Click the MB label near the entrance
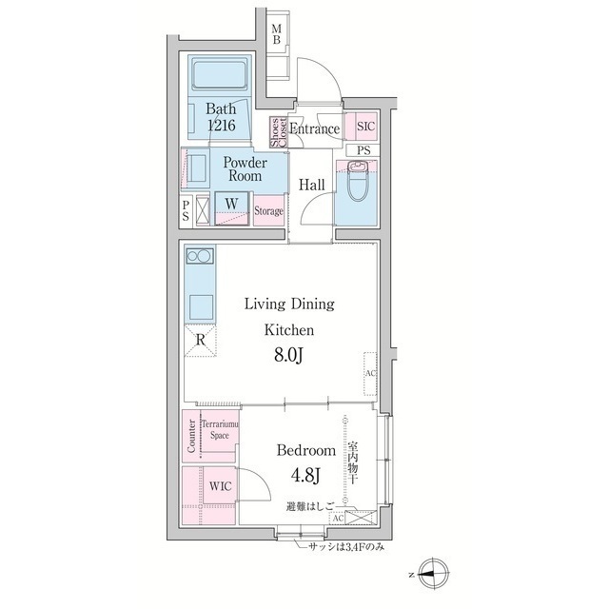[x=276, y=34]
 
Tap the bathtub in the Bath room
[x=219, y=75]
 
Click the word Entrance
[x=314, y=129]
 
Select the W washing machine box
[x=233, y=203]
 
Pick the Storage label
[x=268, y=210]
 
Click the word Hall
[x=312, y=185]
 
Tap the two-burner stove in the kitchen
[x=200, y=256]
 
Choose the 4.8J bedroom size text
[x=305, y=475]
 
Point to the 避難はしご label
[x=309, y=508]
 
